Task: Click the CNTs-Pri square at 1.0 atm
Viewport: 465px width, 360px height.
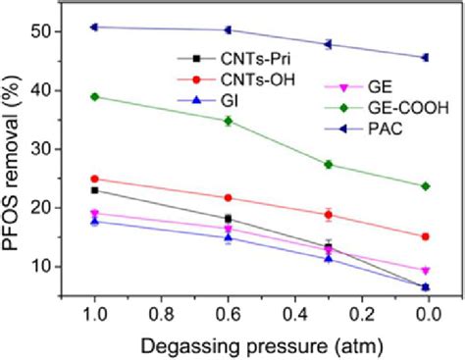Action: (x=94, y=189)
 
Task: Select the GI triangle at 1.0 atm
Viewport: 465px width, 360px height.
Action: (x=94, y=221)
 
